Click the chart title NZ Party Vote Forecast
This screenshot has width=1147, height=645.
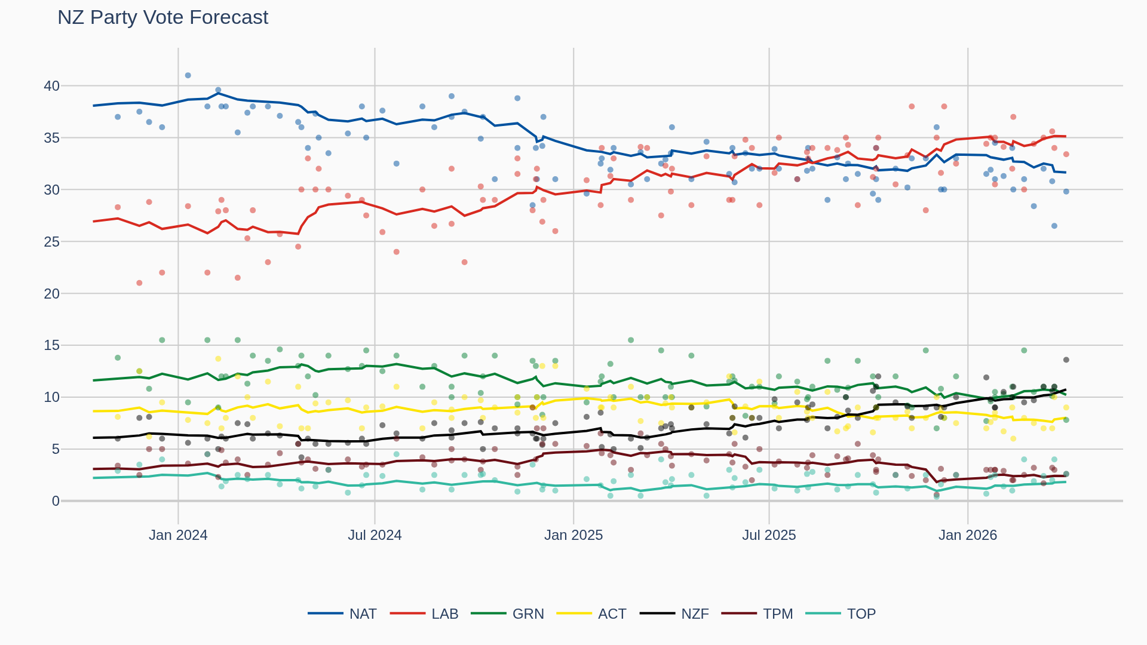tap(162, 17)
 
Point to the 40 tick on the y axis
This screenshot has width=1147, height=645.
tap(52, 86)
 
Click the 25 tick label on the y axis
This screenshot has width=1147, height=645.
tap(52, 242)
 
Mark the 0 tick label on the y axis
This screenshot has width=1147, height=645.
tap(56, 501)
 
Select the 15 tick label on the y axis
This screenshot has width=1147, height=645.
tap(52, 345)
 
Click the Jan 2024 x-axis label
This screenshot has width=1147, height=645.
tap(178, 535)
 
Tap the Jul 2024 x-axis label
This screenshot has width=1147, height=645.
tap(375, 535)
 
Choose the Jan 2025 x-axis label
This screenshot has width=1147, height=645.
tap(573, 535)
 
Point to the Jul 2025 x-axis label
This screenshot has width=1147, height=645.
tap(769, 535)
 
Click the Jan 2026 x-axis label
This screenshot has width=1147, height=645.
tap(968, 535)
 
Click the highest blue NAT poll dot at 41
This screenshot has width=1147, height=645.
tap(188, 75)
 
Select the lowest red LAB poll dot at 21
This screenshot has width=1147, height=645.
tap(139, 283)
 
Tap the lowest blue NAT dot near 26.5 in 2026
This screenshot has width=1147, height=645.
tap(1054, 226)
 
